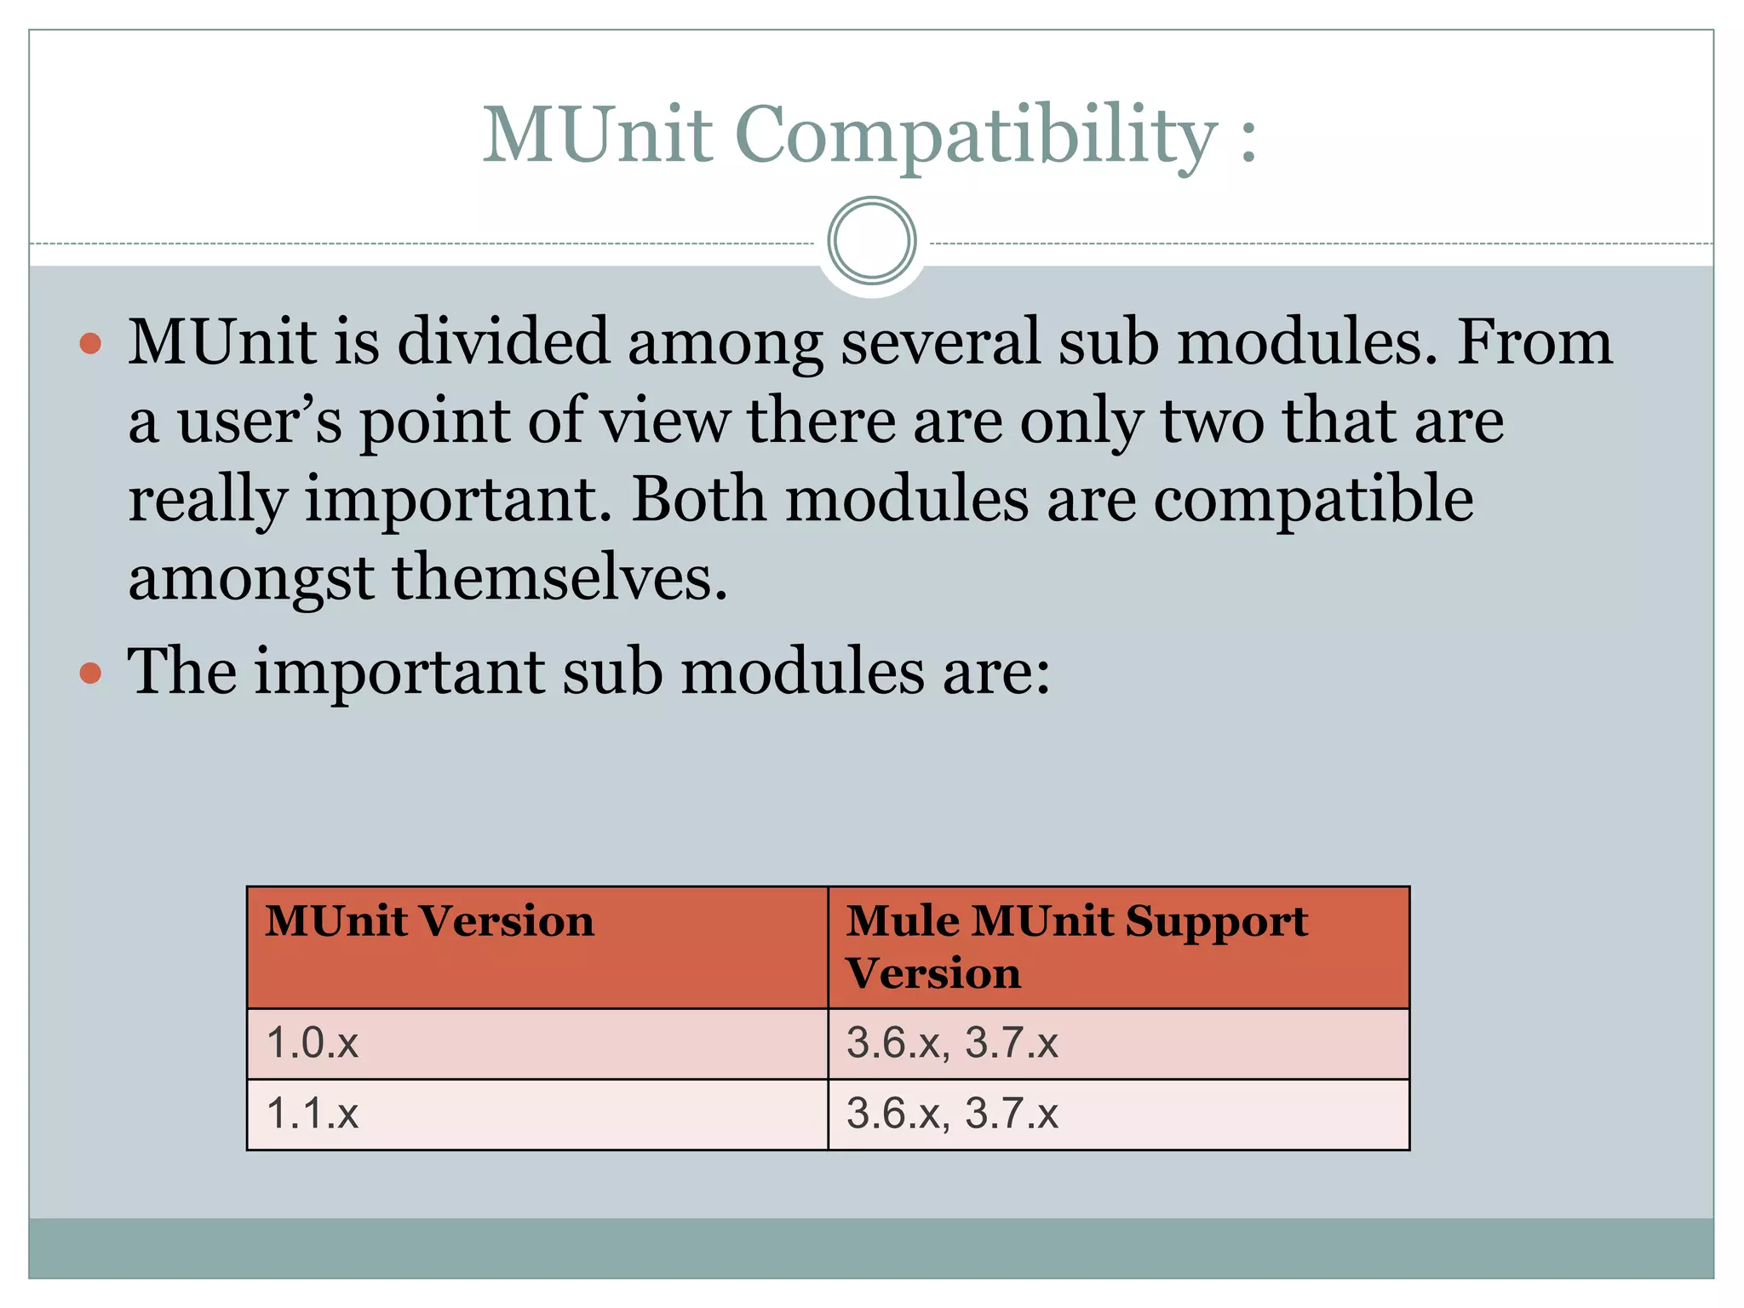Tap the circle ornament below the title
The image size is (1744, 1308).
click(871, 241)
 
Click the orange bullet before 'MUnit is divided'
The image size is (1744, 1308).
click(90, 343)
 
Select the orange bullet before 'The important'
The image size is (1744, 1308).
click(90, 674)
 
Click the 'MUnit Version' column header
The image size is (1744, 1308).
click(429, 921)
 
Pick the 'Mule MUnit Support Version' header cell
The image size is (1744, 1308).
click(1076, 946)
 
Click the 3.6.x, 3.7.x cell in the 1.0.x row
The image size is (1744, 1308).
click(952, 1043)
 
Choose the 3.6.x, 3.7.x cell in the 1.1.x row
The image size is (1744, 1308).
click(952, 1114)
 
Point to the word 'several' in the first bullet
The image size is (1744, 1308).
click(940, 341)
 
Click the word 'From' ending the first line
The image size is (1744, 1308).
click(1535, 341)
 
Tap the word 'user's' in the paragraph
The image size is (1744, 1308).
click(260, 421)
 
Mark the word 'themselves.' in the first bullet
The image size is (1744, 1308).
click(559, 578)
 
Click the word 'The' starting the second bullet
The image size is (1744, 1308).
click(181, 672)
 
